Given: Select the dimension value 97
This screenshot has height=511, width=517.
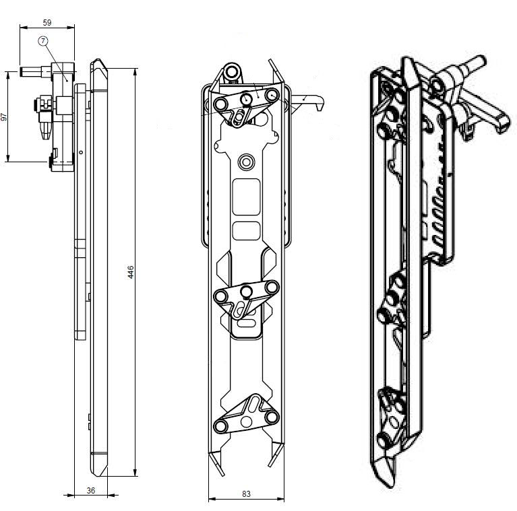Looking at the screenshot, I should click(x=5, y=116).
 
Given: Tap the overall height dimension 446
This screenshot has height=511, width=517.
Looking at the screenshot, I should click(x=131, y=272).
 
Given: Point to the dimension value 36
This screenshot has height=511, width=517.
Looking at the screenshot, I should click(x=91, y=490).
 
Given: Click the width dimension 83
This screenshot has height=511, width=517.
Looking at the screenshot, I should click(x=246, y=493).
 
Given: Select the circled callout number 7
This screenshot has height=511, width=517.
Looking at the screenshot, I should click(x=44, y=41).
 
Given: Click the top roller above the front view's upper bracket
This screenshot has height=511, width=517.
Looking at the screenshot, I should click(x=232, y=71).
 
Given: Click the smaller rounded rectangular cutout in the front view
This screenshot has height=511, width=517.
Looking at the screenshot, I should click(x=246, y=230).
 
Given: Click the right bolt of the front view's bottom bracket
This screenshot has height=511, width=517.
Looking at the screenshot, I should click(x=272, y=417).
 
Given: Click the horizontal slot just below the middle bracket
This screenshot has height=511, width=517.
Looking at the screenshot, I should click(x=247, y=325).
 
